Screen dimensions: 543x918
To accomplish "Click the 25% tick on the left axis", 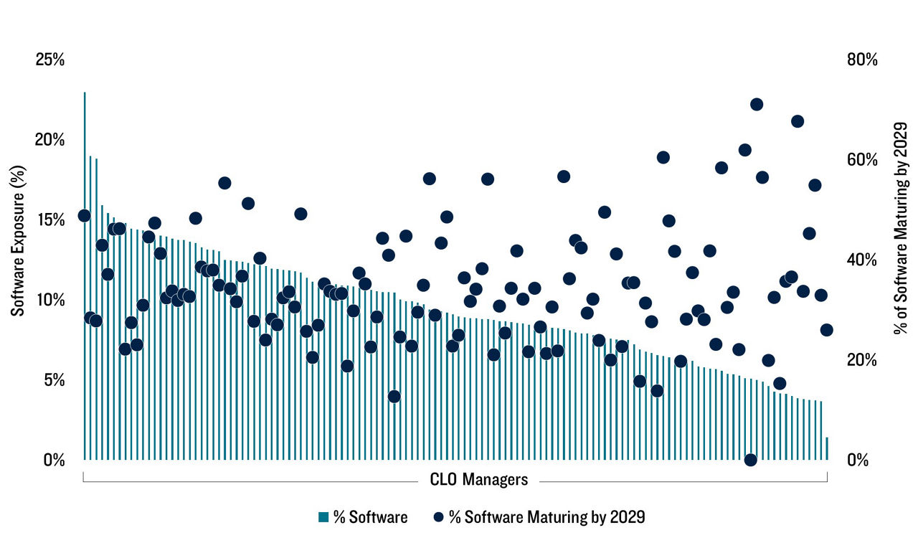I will point(49,60).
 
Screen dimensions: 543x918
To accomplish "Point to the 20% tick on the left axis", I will point(49,140).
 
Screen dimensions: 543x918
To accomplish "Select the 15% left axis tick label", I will point(49,219).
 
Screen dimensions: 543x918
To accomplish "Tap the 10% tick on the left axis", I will point(49,300).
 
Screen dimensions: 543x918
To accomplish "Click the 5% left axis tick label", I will point(53,380).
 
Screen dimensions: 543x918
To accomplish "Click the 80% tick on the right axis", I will point(861,60).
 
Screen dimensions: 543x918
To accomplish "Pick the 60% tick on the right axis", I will point(861,159).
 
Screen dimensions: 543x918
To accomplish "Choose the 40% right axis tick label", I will point(861,260).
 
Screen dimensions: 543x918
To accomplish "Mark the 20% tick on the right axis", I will point(861,360).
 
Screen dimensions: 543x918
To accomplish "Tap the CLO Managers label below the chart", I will point(479,479).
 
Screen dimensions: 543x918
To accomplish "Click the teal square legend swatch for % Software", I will point(323,517).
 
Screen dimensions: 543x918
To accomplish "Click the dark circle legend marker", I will point(438,517).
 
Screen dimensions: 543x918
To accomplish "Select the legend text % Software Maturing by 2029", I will point(546,517).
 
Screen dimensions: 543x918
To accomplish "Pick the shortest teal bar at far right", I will point(827,448).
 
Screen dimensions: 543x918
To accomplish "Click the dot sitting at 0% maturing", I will point(751,460).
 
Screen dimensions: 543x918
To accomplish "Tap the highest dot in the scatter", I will point(757,105).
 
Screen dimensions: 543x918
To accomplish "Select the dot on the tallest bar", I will point(84,216).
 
